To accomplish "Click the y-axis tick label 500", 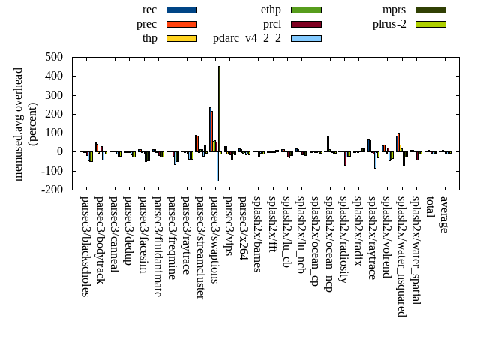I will click(54, 57).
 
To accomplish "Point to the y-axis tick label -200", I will click(52, 190).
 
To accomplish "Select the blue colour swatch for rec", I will click(181, 10).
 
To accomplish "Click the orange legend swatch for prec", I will click(181, 24).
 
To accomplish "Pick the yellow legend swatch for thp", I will click(181, 38).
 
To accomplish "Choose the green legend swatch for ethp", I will click(306, 10).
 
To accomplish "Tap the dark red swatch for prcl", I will click(306, 24).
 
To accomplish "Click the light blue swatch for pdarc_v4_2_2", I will click(306, 38).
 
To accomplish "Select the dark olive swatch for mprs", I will click(430, 10).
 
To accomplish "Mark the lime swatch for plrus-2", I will click(430, 24).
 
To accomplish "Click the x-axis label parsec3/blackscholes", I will click(85, 247).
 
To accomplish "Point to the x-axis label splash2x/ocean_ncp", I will click(328, 244).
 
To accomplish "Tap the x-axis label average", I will click(444, 214).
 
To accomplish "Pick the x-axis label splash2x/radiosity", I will click(343, 239).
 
